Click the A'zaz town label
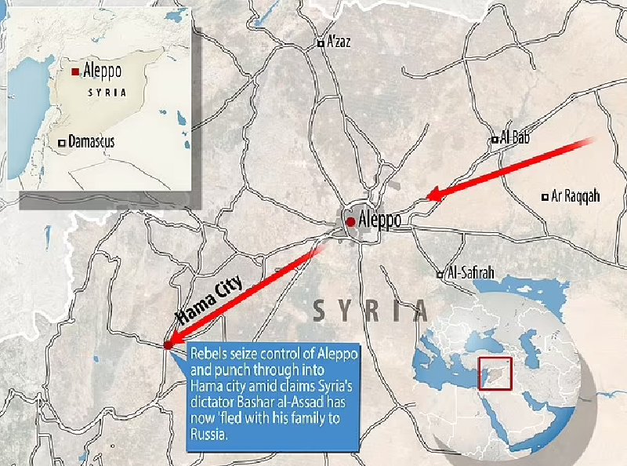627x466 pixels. coord(339,42)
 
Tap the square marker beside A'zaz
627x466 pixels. coord(320,44)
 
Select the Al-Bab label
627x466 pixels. coord(515,138)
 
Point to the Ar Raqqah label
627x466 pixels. coord(575,197)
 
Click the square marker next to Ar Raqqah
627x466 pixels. coord(545,197)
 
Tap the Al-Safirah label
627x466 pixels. coord(469,274)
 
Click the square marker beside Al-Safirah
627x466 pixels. coord(440,275)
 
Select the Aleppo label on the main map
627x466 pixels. coord(379,220)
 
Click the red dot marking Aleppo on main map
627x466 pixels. coord(350,222)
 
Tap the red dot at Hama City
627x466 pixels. coord(168,344)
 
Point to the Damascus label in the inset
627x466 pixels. coord(92,142)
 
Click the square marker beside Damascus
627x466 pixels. coord(61,143)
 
